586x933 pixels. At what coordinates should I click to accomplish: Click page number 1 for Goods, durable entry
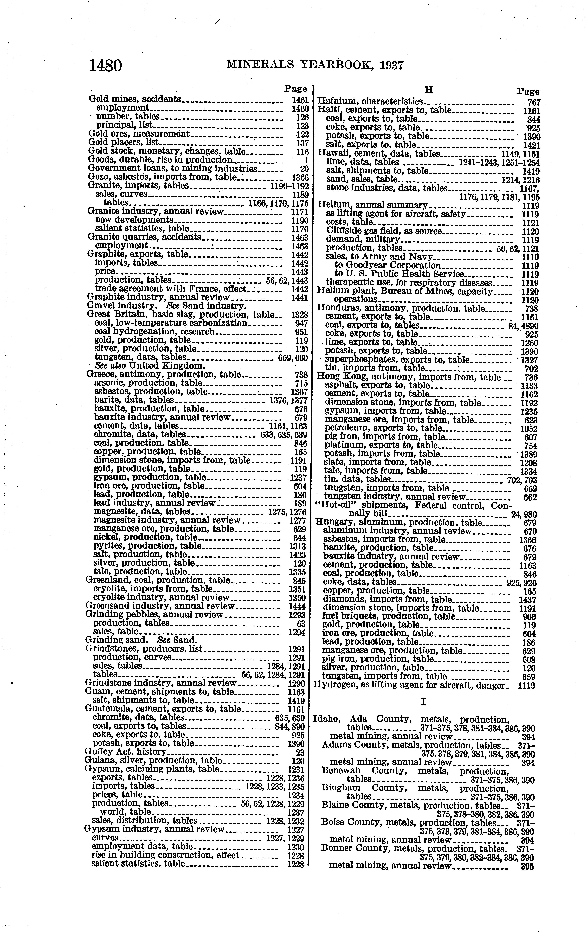[306, 160]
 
